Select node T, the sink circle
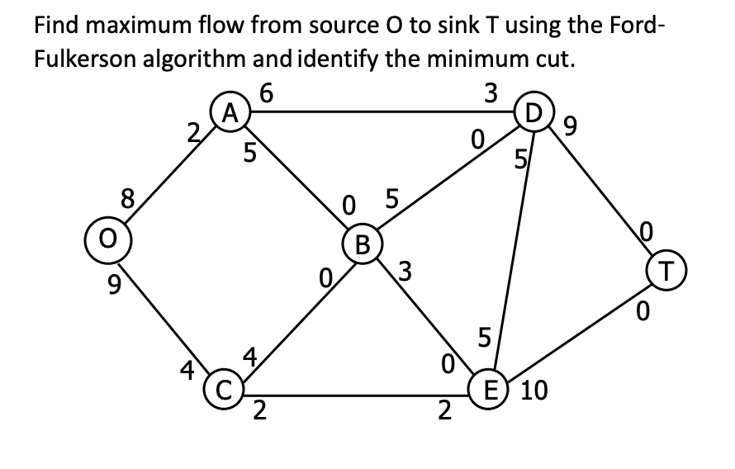pyautogui.click(x=666, y=268)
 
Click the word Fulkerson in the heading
pyautogui.click(x=94, y=59)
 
